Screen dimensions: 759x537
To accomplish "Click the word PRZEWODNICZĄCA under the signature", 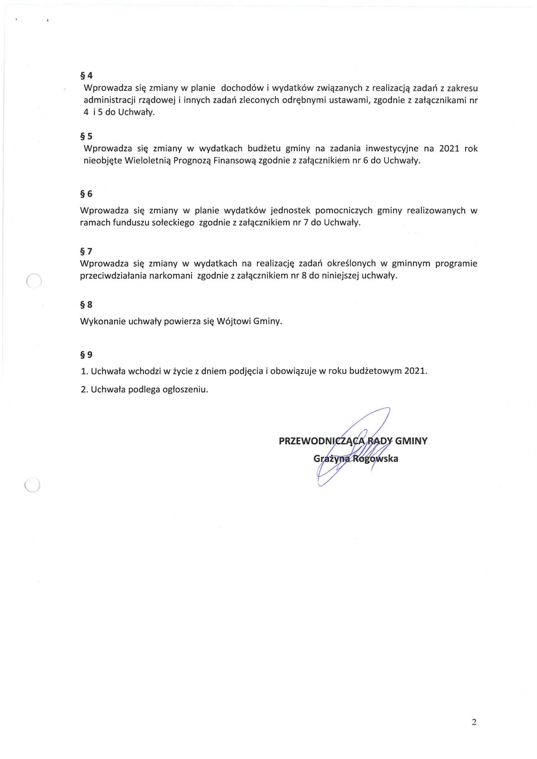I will pos(322,441).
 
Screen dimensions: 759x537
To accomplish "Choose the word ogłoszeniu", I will pos(185,389).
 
